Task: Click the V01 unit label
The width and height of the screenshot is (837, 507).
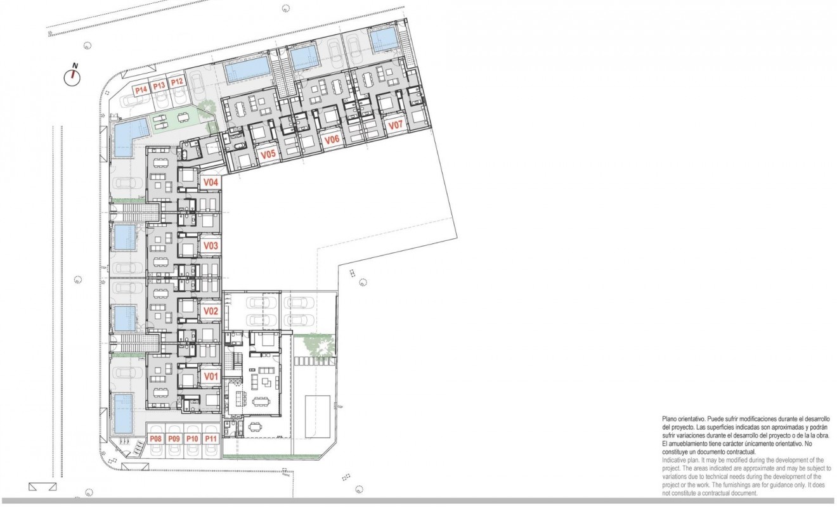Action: pos(211,376)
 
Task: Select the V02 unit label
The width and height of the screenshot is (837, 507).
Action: pos(211,311)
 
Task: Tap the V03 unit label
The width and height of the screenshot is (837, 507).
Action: pos(211,246)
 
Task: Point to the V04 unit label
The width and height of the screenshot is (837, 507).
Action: pos(211,183)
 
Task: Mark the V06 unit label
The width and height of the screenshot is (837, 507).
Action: pos(332,140)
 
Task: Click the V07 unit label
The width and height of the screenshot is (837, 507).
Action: pos(396,125)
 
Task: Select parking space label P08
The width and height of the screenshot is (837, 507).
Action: pos(156,439)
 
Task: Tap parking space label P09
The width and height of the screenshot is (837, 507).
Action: pos(174,439)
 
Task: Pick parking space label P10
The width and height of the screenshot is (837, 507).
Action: pos(193,439)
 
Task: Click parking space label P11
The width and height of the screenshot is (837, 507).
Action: pos(211,439)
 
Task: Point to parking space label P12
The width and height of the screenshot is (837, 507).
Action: pos(177,82)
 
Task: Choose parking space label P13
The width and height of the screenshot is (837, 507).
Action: pos(159,86)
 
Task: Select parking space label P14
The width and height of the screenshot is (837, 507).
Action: pos(141,89)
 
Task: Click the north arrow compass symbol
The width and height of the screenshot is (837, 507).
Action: pos(74,77)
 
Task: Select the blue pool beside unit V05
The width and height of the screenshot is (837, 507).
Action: pos(247,68)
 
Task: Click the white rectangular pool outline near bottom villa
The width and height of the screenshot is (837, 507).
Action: pos(318,415)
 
